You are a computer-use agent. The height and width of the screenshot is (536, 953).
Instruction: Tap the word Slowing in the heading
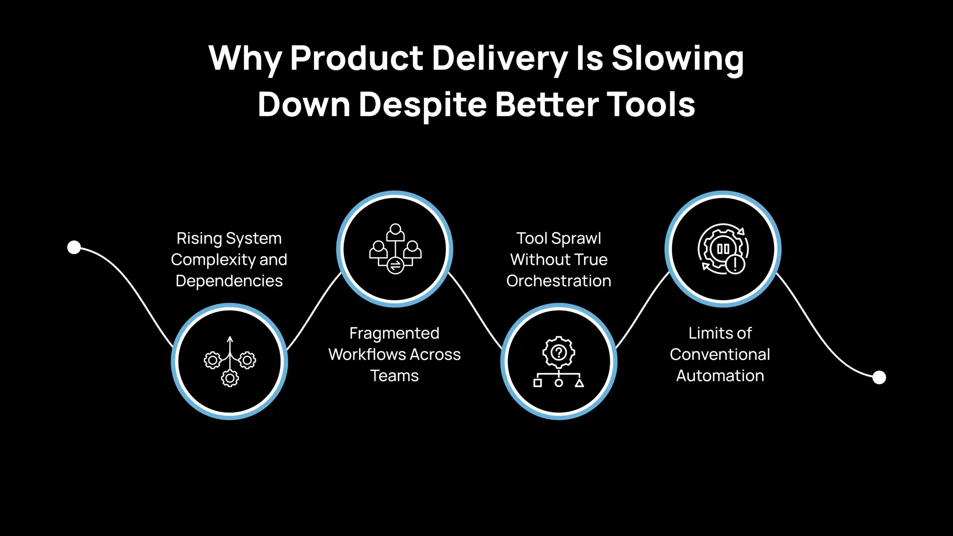coord(678,58)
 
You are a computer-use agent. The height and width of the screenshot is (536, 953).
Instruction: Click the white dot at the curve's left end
coord(74,247)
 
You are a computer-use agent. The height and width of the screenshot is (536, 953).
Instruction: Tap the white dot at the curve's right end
coord(879,377)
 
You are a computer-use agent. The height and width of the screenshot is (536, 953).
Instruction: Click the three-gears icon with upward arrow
coord(230,361)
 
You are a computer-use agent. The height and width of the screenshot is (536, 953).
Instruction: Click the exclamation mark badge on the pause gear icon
coord(735,264)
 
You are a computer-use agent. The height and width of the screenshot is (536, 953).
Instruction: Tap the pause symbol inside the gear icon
coord(723,249)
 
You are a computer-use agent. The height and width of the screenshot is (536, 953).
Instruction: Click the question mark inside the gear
coord(558,352)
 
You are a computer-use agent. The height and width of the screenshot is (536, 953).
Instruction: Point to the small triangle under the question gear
coord(579,383)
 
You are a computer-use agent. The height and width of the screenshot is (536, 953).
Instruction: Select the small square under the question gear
coord(538,383)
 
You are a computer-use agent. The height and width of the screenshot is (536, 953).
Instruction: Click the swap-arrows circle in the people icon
coord(395,265)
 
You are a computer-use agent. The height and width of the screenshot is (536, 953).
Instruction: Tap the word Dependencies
coord(229,281)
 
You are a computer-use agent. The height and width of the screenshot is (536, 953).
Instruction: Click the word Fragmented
coord(394,333)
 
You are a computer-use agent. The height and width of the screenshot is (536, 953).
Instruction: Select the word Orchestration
coord(558,281)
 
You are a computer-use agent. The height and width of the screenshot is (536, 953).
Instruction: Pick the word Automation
coord(720,376)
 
